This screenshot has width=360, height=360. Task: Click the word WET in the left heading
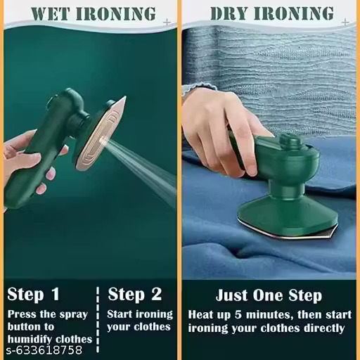coord(50,14)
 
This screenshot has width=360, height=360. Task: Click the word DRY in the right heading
coord(229,13)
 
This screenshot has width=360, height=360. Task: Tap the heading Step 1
coord(33,294)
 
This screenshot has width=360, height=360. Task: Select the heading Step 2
coord(135,294)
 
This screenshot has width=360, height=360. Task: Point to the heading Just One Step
coord(269,295)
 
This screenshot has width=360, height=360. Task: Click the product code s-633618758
coord(44,350)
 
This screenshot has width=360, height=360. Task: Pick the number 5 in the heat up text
coord(238,314)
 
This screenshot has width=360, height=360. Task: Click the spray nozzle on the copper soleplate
coord(103,141)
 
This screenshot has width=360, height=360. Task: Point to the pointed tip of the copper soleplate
coord(125,97)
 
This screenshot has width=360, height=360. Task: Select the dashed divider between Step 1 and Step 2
coord(98,320)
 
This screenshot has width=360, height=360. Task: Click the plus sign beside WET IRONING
coord(167,22)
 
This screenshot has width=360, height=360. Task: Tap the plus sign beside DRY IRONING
coord(345,22)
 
